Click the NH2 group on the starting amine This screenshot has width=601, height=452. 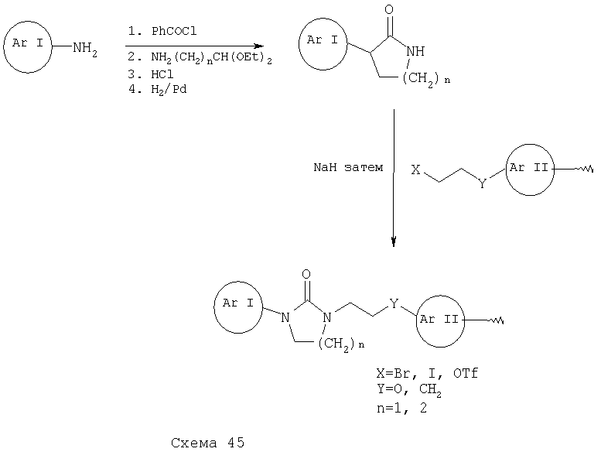pyautogui.click(x=85, y=50)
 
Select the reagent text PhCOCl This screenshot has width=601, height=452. pyautogui.click(x=174, y=31)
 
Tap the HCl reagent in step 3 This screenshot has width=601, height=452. pyautogui.click(x=162, y=74)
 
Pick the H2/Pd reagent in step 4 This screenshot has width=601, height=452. pyautogui.click(x=169, y=90)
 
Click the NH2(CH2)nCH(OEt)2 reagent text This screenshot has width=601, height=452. pyautogui.click(x=211, y=58)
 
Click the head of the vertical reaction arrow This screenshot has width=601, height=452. pyautogui.click(x=394, y=241)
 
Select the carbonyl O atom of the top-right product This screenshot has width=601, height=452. pyautogui.click(x=389, y=9)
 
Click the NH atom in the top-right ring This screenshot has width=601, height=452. pyautogui.click(x=415, y=51)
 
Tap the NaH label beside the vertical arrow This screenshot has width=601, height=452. pyautogui.click(x=325, y=167)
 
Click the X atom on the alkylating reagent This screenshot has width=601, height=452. pyautogui.click(x=415, y=169)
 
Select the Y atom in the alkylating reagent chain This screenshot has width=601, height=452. pyautogui.click(x=482, y=184)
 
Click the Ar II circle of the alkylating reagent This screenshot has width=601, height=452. pyautogui.click(x=530, y=145)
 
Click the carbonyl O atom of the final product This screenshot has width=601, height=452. pyautogui.click(x=306, y=274)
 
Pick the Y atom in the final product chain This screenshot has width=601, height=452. pyautogui.click(x=394, y=304)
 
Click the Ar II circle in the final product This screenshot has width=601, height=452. pyautogui.click(x=440, y=296)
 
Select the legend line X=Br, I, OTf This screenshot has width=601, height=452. pyautogui.click(x=427, y=373)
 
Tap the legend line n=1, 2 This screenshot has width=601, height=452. pyautogui.click(x=401, y=408)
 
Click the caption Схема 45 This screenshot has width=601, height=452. pyautogui.click(x=207, y=443)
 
